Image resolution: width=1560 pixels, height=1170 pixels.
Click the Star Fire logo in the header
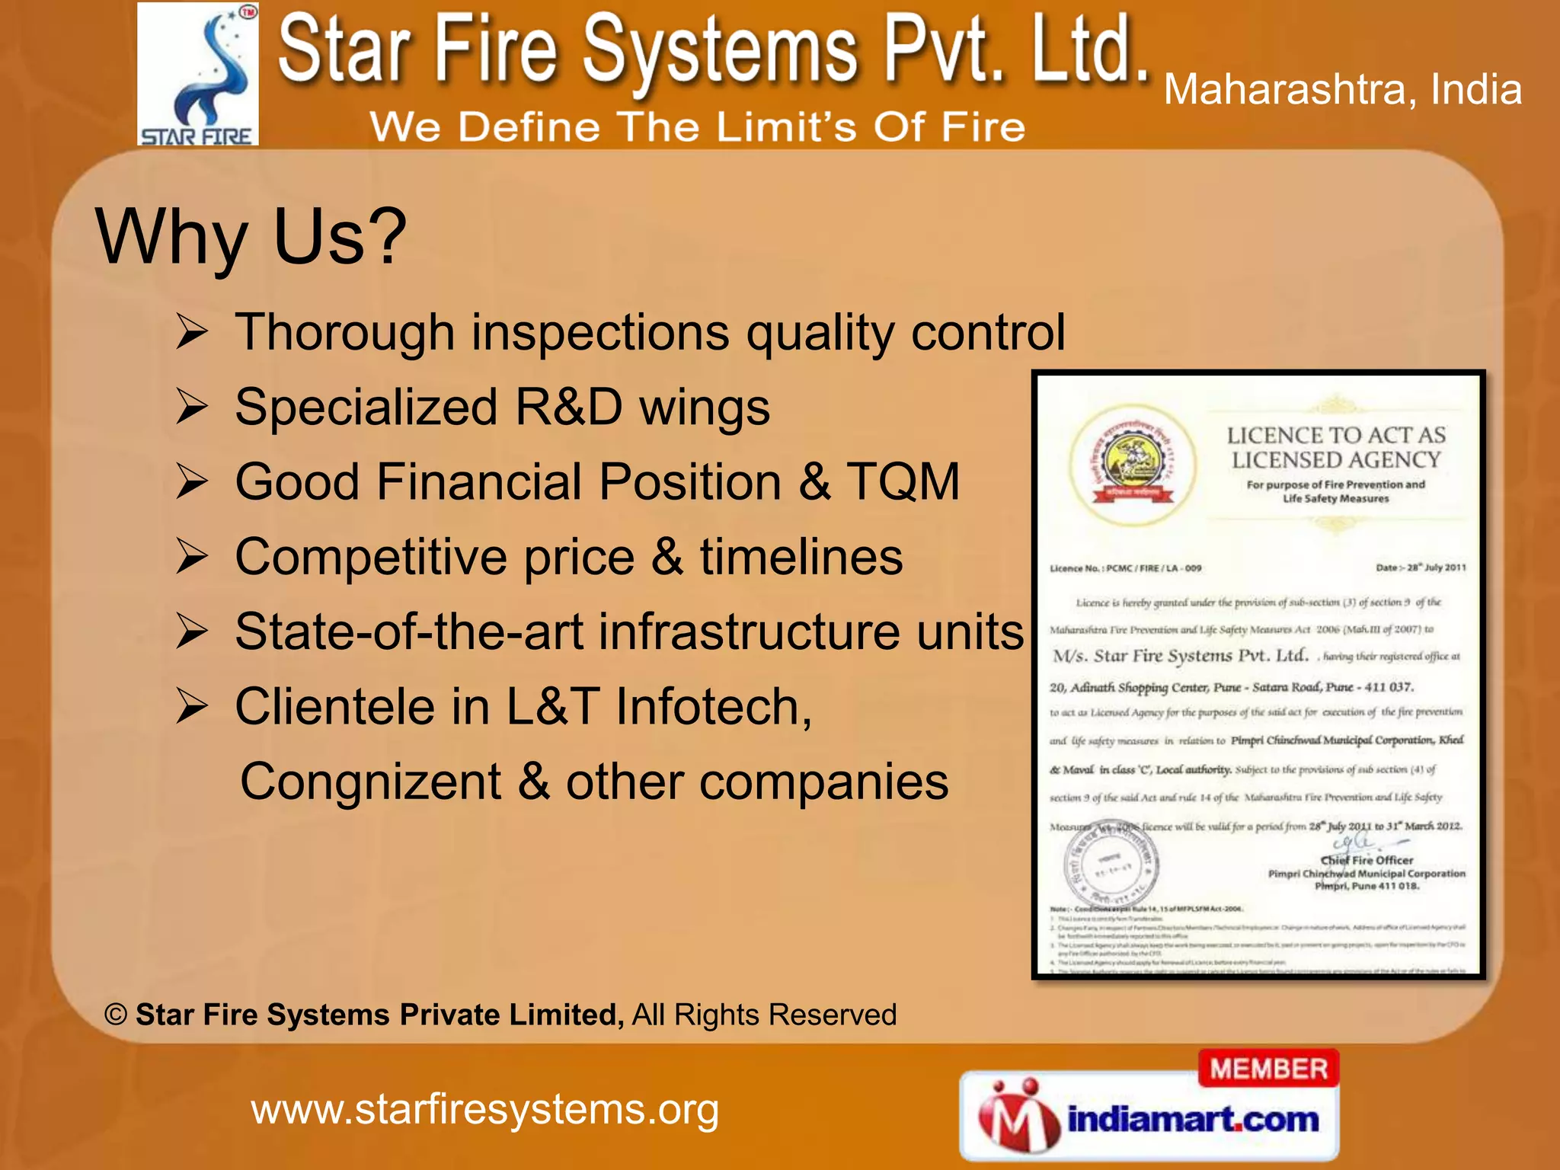[198, 74]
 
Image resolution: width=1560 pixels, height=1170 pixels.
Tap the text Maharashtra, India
[1342, 90]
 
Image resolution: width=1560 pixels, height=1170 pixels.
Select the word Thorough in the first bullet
[345, 332]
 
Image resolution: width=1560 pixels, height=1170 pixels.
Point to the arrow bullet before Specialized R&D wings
[191, 406]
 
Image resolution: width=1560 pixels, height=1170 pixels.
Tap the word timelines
[801, 556]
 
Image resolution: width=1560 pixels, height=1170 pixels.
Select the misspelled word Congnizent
[370, 782]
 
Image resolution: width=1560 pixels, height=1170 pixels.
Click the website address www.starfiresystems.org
[485, 1109]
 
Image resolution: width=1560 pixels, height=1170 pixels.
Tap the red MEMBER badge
[1268, 1069]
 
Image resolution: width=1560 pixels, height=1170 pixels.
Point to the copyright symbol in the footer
[116, 1015]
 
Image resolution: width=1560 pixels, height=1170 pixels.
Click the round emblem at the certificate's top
[1133, 465]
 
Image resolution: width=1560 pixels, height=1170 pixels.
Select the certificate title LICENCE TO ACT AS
[1336, 435]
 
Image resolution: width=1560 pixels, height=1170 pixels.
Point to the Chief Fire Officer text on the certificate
[1367, 860]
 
